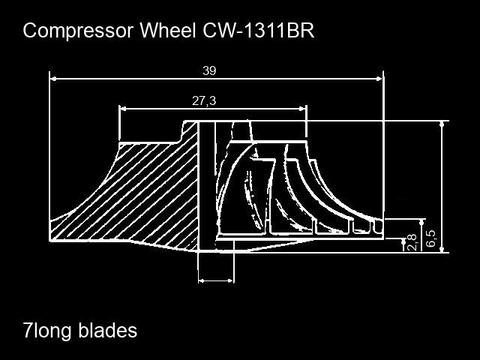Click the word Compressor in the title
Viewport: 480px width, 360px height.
coord(78,31)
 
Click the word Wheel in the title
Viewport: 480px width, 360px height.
coord(168,30)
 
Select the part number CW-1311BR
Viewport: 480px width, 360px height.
coord(258,30)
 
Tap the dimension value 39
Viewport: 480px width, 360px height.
coord(209,70)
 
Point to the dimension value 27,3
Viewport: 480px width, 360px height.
coord(204,100)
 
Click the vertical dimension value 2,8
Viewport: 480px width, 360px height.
coord(412,242)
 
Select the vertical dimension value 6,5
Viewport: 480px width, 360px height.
coord(430,238)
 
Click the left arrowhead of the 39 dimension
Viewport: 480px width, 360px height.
coord(53,79)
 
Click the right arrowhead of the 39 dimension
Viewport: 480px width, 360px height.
coord(379,79)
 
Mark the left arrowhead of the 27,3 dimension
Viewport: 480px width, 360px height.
coord(123,108)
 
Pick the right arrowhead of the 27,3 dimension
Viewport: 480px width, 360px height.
coord(302,108)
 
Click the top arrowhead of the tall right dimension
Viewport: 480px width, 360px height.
coord(442,124)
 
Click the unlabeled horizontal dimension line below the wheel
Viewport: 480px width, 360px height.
coord(216,280)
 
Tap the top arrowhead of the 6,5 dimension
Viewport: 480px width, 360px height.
coord(422,223)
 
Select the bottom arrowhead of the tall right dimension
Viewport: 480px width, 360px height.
coord(442,249)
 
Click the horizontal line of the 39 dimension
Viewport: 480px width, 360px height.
coord(217,79)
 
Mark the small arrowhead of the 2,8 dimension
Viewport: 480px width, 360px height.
coord(403,241)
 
